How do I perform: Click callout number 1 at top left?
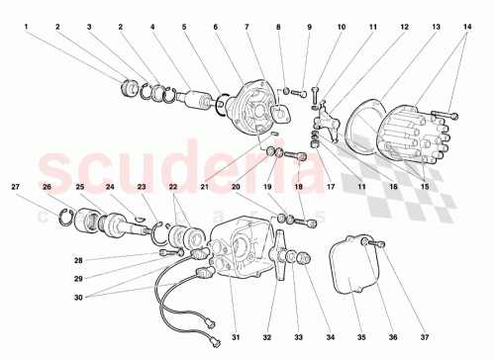click(x=26, y=27)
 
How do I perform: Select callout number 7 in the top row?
click(x=247, y=27)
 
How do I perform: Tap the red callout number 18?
click(x=298, y=186)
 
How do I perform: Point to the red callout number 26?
click(x=48, y=186)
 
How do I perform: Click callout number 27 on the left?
click(x=16, y=186)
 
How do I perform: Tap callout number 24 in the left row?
click(x=110, y=186)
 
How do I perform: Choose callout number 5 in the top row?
click(x=184, y=27)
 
